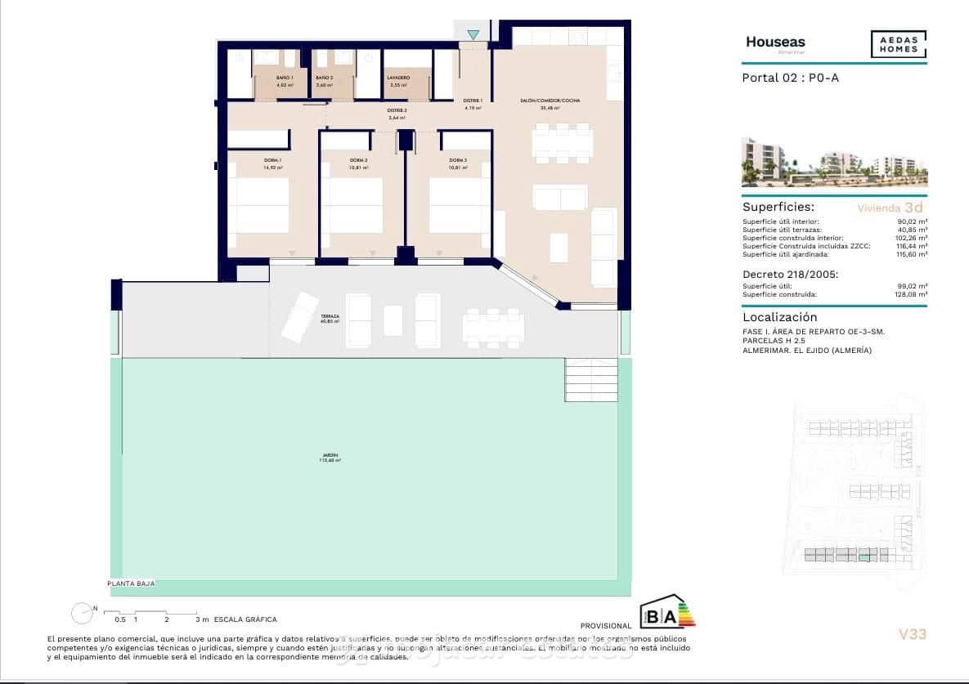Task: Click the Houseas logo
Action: [x=775, y=42]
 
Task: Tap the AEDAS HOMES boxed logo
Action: [x=898, y=44]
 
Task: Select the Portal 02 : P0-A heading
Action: [x=790, y=78]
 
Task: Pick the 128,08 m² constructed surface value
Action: [x=910, y=294]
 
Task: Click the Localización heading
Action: [x=779, y=317]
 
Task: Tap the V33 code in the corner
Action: [x=912, y=633]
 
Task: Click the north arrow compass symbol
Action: [x=82, y=613]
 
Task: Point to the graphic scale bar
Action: [x=151, y=612]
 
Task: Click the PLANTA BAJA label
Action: [x=131, y=583]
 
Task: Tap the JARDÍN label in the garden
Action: [x=330, y=457]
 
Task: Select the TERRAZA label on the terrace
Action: [x=330, y=318]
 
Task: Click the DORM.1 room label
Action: [x=272, y=160]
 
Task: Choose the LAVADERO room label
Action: [x=398, y=78]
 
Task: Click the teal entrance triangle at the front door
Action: [x=473, y=34]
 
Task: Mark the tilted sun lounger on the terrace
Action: [x=300, y=315]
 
